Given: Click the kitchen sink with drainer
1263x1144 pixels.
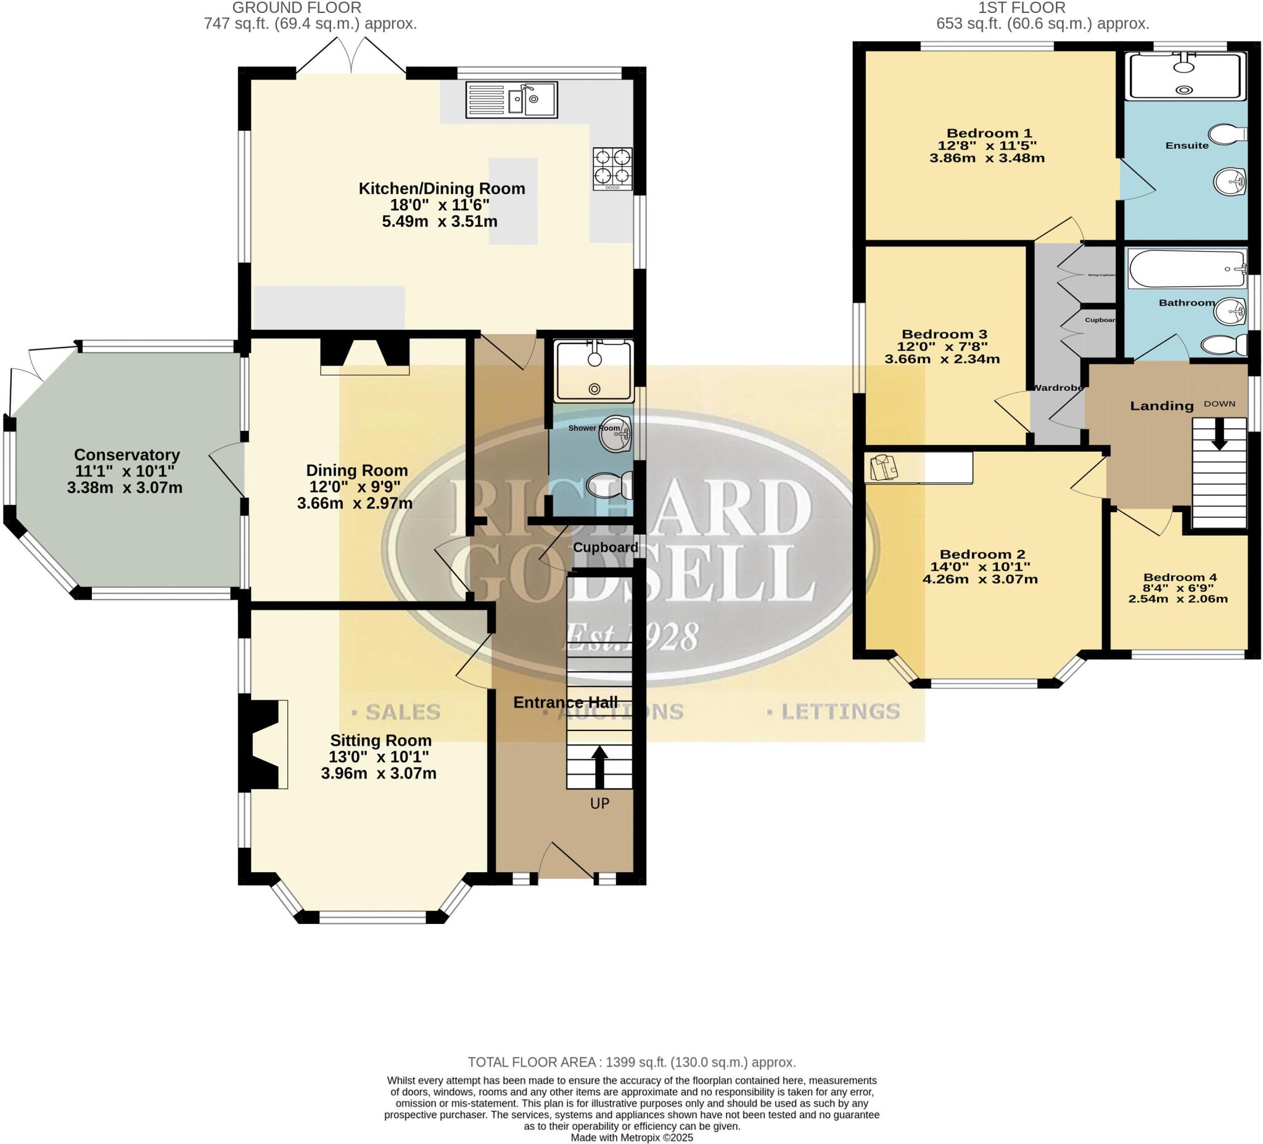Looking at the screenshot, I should click(x=511, y=100).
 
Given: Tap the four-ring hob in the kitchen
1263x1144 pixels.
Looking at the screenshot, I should click(x=613, y=168).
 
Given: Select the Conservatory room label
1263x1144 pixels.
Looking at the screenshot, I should click(x=126, y=455).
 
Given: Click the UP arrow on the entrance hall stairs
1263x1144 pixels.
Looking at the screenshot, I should click(x=599, y=766).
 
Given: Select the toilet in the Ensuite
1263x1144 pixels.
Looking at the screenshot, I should click(x=1228, y=134).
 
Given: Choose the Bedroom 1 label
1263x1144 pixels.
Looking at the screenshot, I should click(x=989, y=133).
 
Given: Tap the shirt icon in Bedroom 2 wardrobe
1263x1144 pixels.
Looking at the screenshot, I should click(x=884, y=467).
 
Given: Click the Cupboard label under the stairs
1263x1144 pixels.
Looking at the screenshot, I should click(x=605, y=547).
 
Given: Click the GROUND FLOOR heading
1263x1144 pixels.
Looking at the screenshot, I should click(x=297, y=8).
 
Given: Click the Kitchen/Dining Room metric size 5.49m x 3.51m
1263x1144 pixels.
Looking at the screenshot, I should click(x=439, y=221).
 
